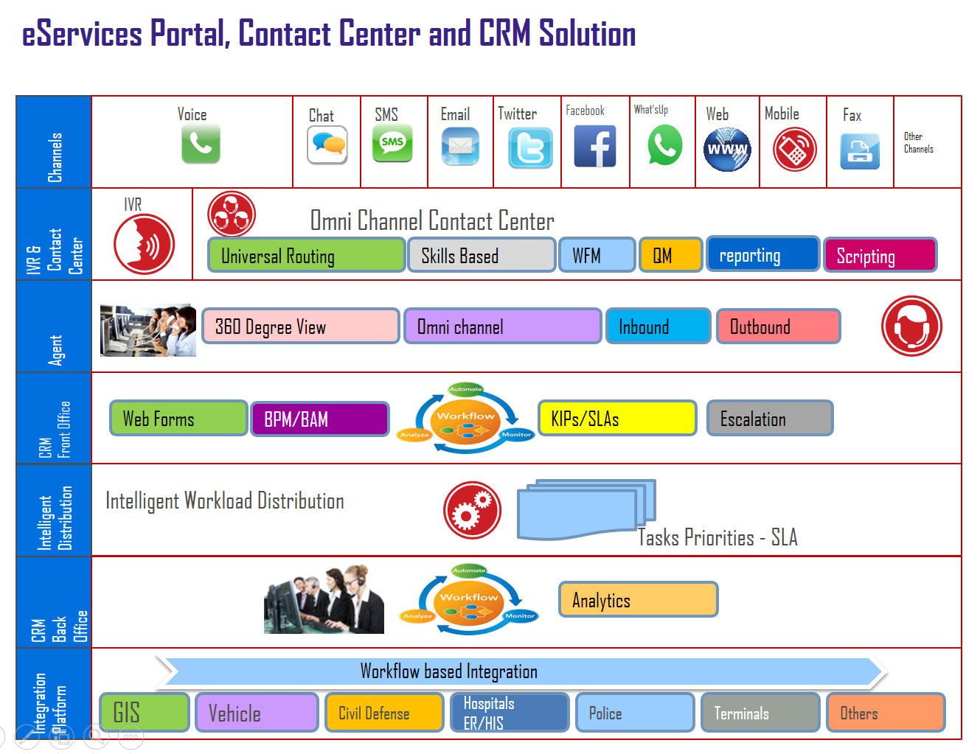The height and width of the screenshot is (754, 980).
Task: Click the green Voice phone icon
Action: pos(201,143)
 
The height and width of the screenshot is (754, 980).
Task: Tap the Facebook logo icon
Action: pos(595,147)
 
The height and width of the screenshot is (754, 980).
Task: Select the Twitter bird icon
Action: pos(530,148)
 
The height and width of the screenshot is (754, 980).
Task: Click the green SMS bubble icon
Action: pos(392,143)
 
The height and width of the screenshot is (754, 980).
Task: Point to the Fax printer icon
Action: pos(860,151)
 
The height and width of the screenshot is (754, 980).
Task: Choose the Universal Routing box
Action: pos(306,256)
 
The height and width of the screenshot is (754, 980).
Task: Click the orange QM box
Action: pos(670,256)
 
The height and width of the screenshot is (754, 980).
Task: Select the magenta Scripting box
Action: pos(880,256)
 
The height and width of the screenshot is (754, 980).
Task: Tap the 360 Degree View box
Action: pos(300,327)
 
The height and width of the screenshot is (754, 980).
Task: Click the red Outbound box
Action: pos(779,327)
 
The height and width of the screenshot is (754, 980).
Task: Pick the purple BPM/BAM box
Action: pos(320,419)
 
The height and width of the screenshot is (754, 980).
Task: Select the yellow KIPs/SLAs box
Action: pos(617,418)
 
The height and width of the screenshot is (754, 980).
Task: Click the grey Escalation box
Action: pos(770,418)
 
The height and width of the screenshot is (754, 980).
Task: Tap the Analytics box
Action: pos(638,599)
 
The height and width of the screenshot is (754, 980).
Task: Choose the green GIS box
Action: pos(145,713)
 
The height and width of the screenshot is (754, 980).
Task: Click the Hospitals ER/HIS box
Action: pos(510,713)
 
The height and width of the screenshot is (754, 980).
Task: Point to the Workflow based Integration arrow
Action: pos(521,671)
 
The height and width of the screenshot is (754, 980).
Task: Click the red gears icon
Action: pos(472,510)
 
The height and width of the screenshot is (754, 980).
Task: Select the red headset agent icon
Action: pos(911,326)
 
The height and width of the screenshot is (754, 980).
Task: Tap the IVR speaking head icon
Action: pos(144,244)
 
